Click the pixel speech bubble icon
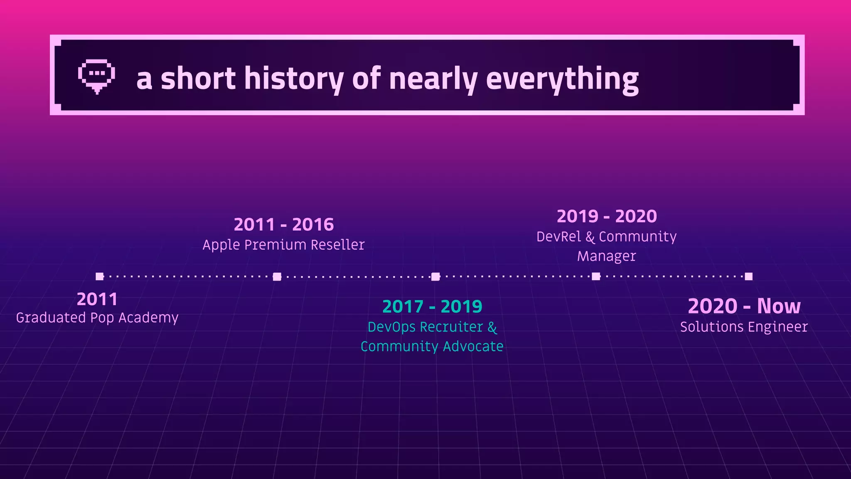point(96,76)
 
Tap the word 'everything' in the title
point(562,79)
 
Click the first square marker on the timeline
point(99,277)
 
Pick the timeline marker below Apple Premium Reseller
point(277,277)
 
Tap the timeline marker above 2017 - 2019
point(435,277)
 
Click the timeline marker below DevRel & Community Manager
point(596,277)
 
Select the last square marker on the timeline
point(748,277)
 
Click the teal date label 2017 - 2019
point(432,307)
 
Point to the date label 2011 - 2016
point(284,225)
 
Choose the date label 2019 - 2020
point(607,217)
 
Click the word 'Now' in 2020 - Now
point(778,306)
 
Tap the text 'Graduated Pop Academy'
point(97,318)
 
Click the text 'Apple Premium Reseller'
point(283,245)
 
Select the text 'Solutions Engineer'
point(744,327)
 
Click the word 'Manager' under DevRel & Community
point(606,256)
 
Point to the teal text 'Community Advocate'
point(432,346)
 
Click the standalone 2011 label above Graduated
point(97,299)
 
